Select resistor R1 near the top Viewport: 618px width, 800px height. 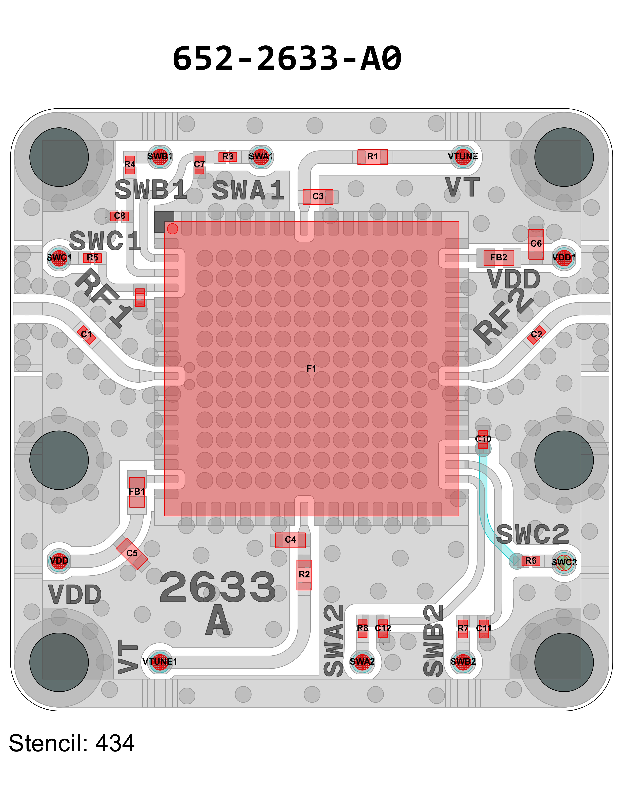[372, 157]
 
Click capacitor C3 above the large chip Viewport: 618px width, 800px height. [318, 197]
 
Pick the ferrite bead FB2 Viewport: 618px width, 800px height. [499, 258]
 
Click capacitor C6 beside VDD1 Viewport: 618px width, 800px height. [536, 244]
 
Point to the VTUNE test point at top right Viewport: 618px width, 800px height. [463, 157]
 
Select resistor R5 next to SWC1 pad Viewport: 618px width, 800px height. [92, 258]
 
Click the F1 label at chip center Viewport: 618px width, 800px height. [311, 369]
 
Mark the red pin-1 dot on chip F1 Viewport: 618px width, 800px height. [173, 229]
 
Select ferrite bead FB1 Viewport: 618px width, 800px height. [137, 492]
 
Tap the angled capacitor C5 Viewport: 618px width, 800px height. [132, 554]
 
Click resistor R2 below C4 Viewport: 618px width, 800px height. [304, 575]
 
